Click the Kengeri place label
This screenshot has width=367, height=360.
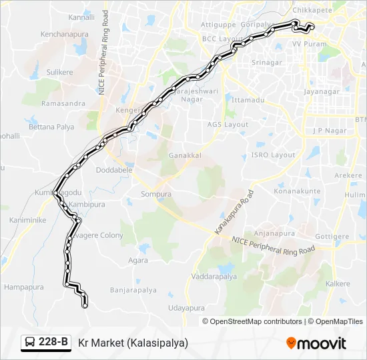129,109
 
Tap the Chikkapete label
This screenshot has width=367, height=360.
312,10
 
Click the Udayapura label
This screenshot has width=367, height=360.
186,308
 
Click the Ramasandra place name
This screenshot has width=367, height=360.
63,103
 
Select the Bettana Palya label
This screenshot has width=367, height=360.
51,127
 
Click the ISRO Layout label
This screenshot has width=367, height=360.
273,155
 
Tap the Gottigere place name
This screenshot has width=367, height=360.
332,237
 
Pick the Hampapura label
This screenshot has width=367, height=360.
24,287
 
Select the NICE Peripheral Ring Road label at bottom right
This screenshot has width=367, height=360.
274,245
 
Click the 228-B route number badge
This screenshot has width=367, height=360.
54,342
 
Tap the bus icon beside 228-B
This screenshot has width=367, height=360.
30,343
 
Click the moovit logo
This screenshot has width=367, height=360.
316,343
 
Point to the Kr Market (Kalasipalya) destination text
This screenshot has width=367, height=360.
133,343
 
